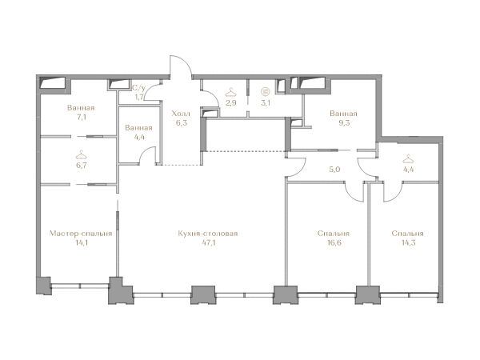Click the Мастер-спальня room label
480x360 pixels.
click(81, 234)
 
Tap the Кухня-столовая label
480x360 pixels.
click(208, 234)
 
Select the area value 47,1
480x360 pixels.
click(208, 243)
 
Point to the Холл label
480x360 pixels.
click(181, 114)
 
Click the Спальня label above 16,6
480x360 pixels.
click(334, 234)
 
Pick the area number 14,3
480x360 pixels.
click(408, 243)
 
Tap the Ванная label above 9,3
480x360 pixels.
click(343, 114)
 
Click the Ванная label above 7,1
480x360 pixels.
click(81, 108)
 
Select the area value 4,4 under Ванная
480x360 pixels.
click(139, 137)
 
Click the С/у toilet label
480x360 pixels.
click(138, 88)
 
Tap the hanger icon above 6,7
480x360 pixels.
click(81, 155)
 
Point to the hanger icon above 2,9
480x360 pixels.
click(231, 92)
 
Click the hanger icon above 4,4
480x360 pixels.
click(408, 158)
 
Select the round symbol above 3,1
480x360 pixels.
click(266, 91)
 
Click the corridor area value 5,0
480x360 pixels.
click(334, 170)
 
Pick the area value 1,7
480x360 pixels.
click(139, 98)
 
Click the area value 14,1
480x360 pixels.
click(81, 243)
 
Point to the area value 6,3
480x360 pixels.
click(182, 123)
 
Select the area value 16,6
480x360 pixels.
click(334, 243)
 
